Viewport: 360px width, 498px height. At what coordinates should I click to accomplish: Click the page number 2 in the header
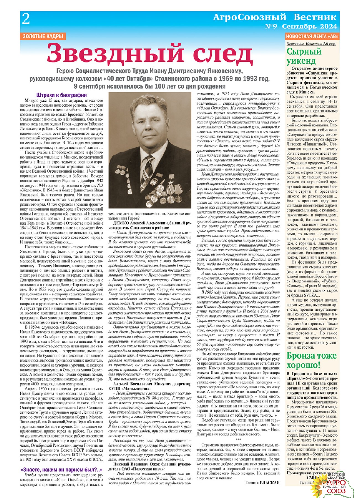(x=26, y=19)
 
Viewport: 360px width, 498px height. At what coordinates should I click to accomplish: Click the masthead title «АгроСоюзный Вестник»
(x=274, y=17)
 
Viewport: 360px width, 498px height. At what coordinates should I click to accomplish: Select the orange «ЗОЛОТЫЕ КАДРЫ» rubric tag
(x=43, y=36)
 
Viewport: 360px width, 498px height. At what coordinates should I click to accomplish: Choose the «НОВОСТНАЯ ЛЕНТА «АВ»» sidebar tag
(x=312, y=36)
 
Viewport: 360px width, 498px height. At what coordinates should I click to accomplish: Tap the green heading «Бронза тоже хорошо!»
(x=311, y=360)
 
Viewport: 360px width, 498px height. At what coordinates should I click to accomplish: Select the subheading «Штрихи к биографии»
(x=61, y=95)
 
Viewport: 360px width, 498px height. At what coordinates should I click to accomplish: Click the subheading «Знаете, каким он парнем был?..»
(x=61, y=470)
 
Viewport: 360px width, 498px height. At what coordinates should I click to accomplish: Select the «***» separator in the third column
(x=238, y=439)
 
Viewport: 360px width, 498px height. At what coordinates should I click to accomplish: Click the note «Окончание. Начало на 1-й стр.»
(x=311, y=44)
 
